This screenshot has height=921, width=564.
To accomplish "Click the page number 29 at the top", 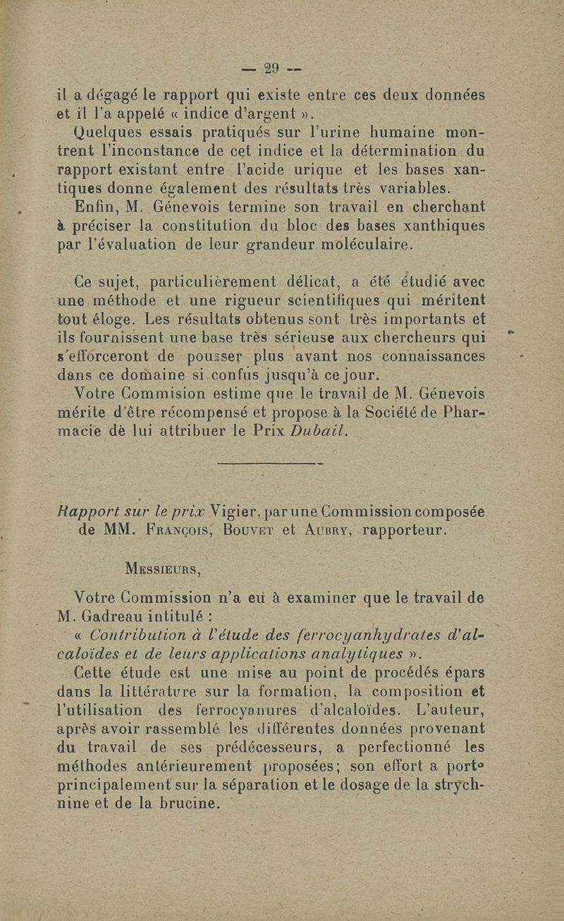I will tap(271, 68).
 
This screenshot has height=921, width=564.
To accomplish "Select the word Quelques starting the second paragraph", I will tap(107, 132).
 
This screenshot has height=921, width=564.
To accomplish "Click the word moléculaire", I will tap(369, 246).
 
